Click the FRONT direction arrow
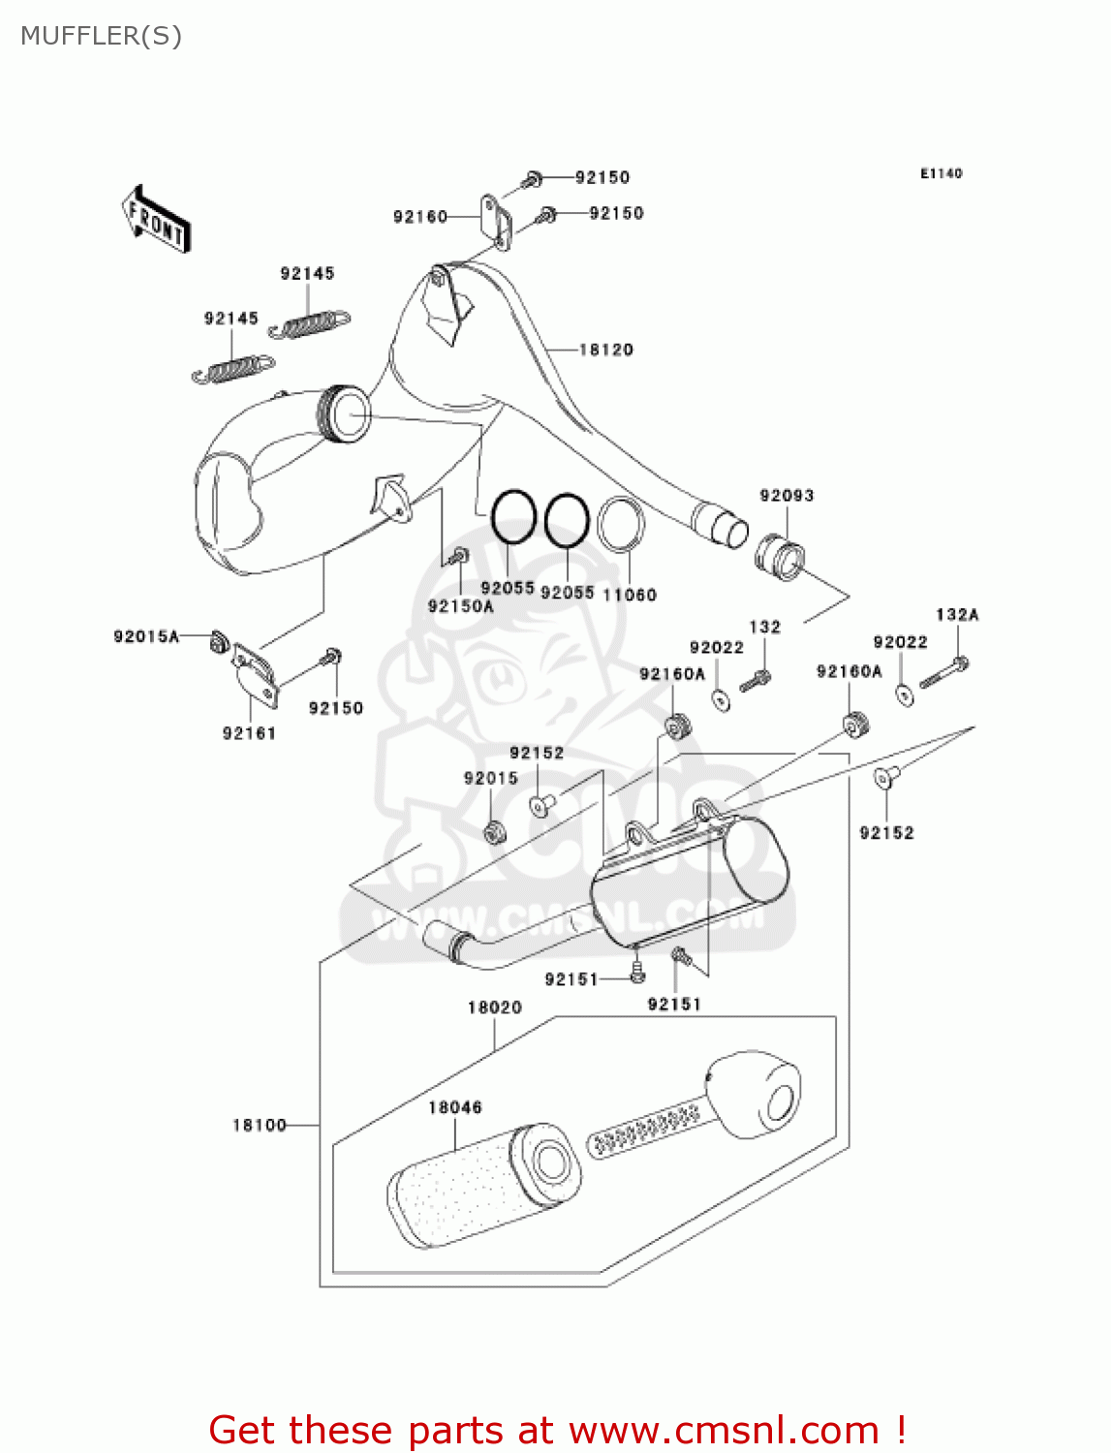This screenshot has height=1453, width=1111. (x=156, y=220)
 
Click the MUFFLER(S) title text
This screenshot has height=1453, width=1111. (x=101, y=36)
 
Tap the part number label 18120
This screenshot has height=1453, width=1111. (x=605, y=350)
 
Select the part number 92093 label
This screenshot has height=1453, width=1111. (x=787, y=496)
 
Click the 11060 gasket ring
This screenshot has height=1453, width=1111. (x=621, y=524)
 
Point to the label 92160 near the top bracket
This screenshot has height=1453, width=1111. (x=419, y=217)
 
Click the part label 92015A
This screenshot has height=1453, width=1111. (x=146, y=636)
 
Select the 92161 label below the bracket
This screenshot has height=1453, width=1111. (x=249, y=733)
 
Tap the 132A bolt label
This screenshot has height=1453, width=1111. (x=957, y=615)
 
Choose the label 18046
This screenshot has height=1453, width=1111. (x=454, y=1107)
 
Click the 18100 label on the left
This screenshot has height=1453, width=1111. (x=260, y=1125)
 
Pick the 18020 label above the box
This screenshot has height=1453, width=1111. (x=494, y=1007)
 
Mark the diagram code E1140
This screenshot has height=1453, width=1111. (x=941, y=173)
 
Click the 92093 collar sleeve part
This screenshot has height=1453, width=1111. (x=780, y=556)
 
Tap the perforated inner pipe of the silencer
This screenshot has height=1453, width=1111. (x=645, y=1128)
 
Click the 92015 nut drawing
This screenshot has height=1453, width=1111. (x=493, y=831)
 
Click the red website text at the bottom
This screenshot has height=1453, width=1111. (x=557, y=1430)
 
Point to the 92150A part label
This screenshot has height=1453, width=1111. (x=460, y=606)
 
